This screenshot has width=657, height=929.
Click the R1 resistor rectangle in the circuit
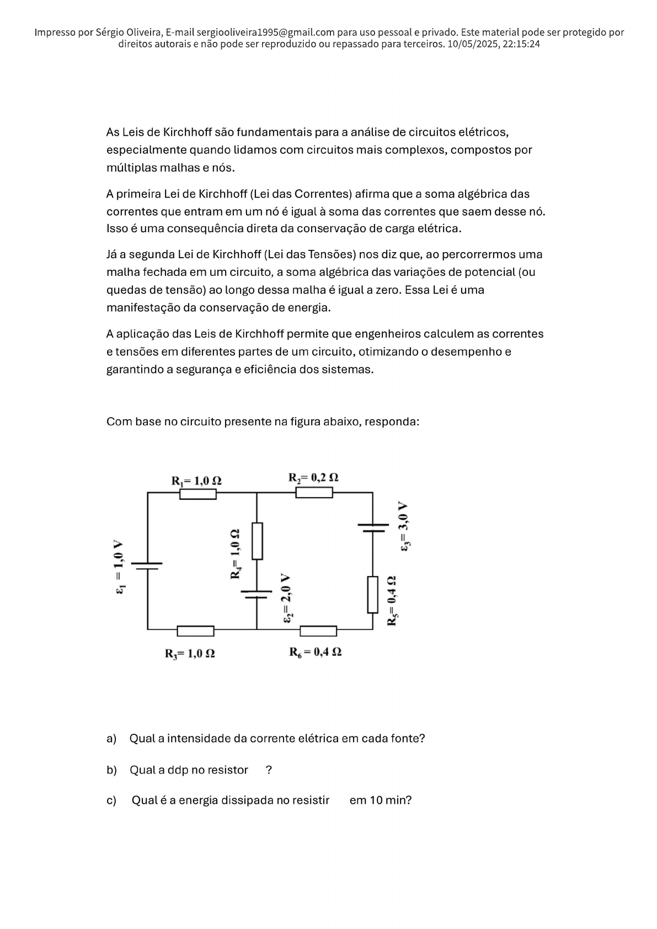197,494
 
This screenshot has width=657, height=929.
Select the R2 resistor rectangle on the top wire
314,493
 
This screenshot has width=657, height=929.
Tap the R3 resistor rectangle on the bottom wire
195,631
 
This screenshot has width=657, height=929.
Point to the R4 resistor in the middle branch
257,541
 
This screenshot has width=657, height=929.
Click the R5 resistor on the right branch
373,594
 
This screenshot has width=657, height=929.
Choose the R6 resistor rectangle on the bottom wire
318,631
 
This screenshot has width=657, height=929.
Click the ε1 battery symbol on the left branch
147,566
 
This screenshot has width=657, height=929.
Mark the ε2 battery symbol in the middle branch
257,594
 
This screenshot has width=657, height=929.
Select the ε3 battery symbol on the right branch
373,527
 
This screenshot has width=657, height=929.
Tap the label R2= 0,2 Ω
313,477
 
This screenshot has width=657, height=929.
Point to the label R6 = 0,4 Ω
316,652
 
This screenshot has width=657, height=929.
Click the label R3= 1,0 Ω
190,654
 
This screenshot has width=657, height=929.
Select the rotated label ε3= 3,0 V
404,526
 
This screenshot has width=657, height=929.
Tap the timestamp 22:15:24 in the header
521,44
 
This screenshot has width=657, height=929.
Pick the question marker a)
111,738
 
